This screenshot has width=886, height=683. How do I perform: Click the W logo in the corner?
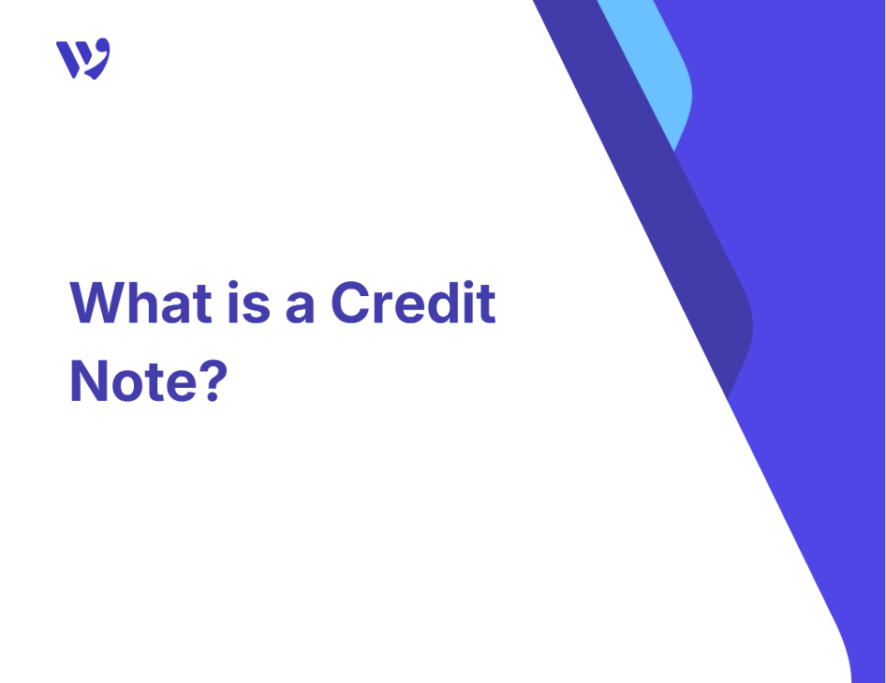pos(83,59)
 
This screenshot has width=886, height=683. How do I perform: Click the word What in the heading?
pos(140,303)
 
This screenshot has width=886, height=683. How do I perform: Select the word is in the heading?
pos(249,303)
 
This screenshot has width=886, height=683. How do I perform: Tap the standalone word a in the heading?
pos(300,308)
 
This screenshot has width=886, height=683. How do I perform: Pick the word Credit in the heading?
pos(414,303)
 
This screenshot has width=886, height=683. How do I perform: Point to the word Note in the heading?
pos(133,381)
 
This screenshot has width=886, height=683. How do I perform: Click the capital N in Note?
pos(89,381)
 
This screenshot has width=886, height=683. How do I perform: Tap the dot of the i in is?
pos(233,285)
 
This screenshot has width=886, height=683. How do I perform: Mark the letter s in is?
pos(257,308)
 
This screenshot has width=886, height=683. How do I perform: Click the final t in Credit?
pos(487,304)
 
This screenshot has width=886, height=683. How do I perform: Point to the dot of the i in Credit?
pos(468,285)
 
